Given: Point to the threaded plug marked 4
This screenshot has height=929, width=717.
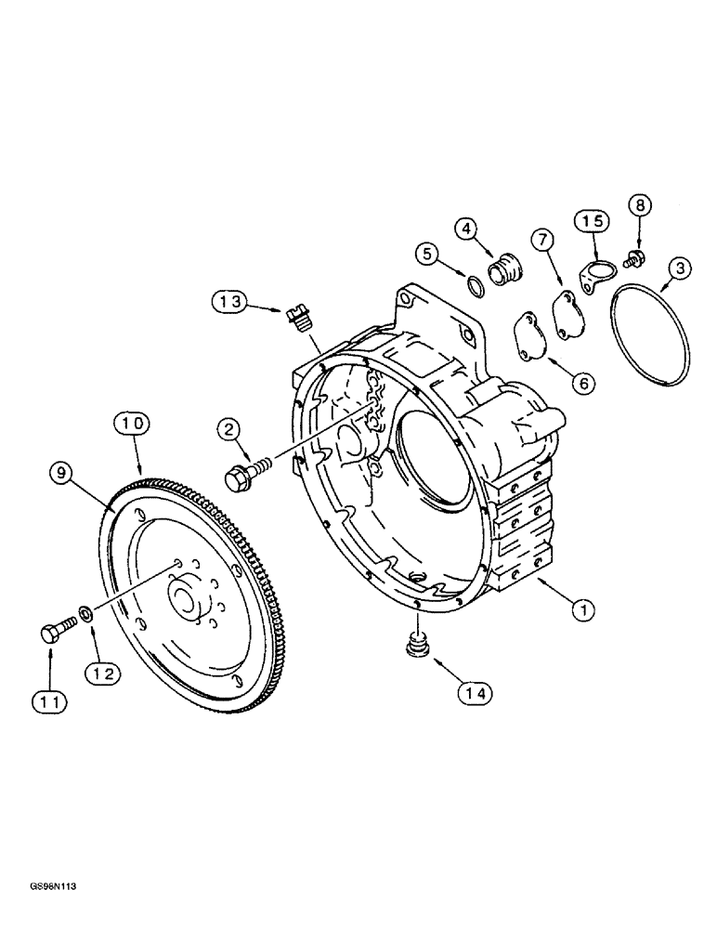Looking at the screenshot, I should point(507,270).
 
